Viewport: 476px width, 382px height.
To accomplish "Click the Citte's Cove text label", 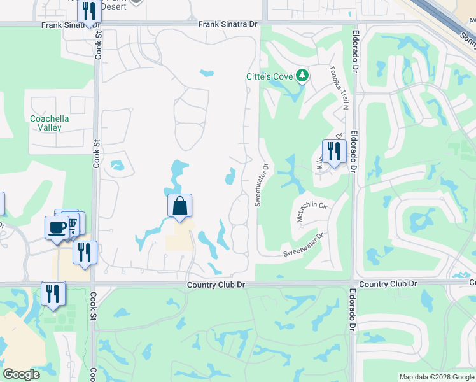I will click(269, 77).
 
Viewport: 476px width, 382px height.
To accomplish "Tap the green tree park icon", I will click(303, 77).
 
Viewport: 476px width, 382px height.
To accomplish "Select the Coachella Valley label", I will click(49, 123).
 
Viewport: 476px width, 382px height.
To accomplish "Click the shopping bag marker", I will click(180, 206).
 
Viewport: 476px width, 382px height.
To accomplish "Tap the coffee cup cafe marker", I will click(57, 227).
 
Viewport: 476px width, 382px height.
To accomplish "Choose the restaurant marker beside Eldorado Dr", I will click(333, 152).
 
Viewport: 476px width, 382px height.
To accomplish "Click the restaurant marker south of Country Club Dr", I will click(53, 294).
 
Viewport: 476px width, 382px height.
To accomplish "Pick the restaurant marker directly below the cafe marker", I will click(84, 252).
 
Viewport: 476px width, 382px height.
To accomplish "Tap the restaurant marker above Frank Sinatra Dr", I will click(89, 11).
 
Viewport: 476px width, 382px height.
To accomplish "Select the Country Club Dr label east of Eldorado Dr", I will click(388, 283).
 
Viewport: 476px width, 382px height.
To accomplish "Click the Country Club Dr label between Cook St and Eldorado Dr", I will click(216, 285).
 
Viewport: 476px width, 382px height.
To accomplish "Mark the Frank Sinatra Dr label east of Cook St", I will click(228, 24).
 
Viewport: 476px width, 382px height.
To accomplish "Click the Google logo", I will click(22, 374).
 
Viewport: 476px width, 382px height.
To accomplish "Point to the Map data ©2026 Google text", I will click(437, 378).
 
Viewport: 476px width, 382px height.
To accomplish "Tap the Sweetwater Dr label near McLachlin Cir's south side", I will click(303, 244).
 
